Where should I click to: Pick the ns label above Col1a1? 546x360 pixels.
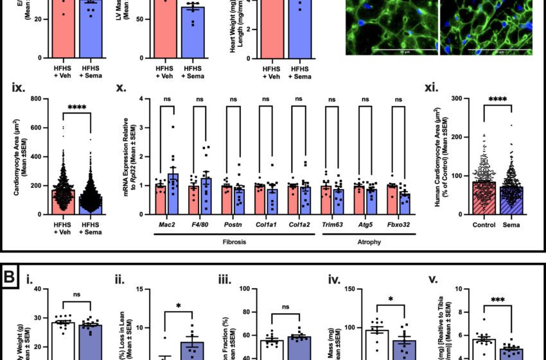[x=266, y=99]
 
